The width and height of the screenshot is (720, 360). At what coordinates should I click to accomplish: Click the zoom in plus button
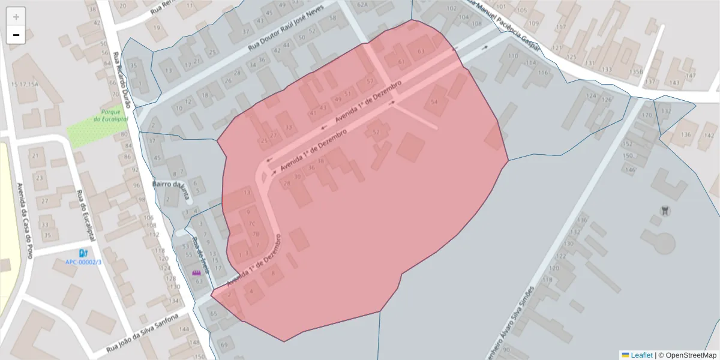click(x=16, y=16)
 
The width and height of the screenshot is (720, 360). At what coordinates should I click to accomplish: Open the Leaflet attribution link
click(x=641, y=355)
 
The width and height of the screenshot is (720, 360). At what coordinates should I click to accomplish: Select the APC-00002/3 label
click(x=83, y=262)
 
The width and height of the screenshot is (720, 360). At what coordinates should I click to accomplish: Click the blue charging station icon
click(x=83, y=253)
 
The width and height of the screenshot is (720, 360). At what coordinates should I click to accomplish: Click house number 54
click(x=434, y=102)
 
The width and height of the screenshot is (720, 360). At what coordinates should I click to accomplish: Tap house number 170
click(x=647, y=115)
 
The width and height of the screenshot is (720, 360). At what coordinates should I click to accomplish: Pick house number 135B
click(x=635, y=72)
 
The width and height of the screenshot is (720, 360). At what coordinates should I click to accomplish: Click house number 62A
click(x=362, y=5)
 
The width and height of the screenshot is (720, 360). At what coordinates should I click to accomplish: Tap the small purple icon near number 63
click(x=196, y=273)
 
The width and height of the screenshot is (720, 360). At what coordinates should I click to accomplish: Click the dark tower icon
click(x=664, y=211)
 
